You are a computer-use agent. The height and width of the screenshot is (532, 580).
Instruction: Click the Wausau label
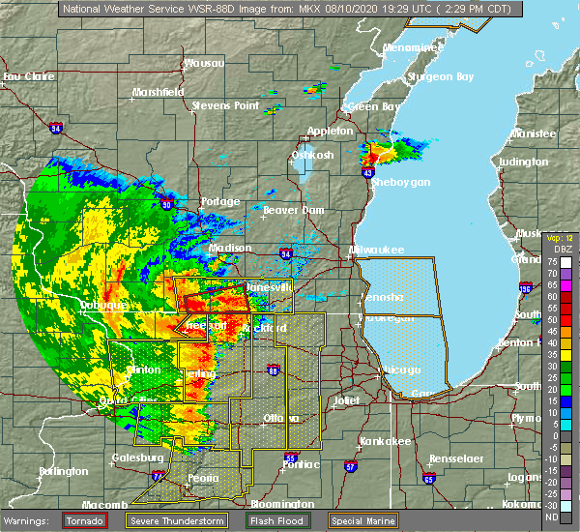coord(204,64)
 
